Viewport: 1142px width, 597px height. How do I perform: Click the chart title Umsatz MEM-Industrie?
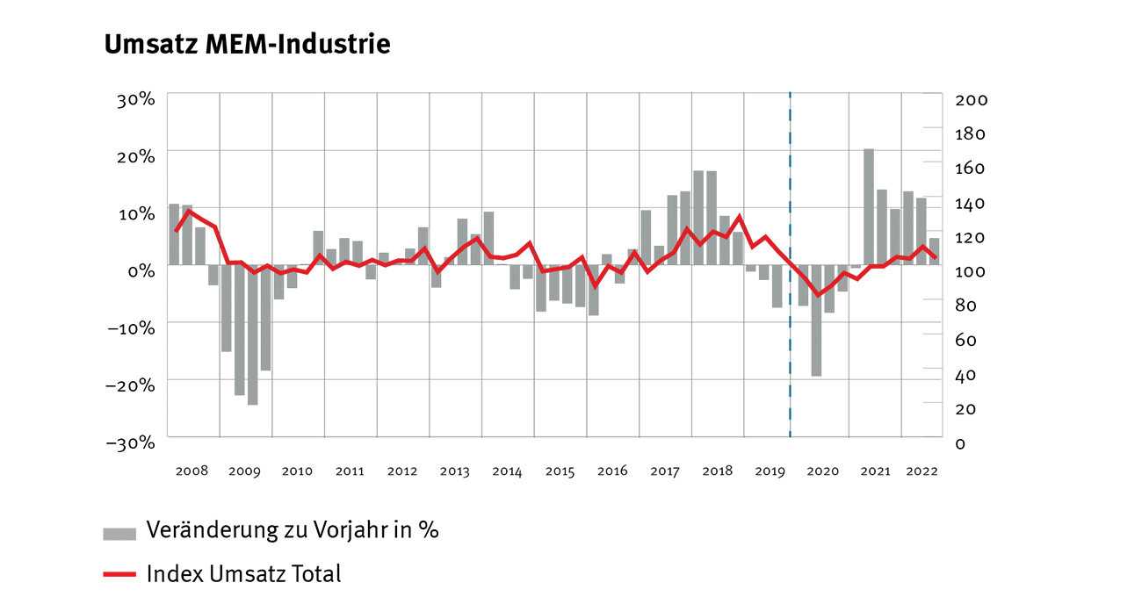coord(247,46)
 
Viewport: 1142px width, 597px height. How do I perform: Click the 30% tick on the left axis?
coord(136,99)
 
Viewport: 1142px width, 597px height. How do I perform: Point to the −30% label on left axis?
coord(131,442)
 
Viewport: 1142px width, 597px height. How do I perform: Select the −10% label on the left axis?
coord(131,327)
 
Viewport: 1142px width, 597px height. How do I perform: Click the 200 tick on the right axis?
coord(972,100)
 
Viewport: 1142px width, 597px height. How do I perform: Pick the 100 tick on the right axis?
coord(972,271)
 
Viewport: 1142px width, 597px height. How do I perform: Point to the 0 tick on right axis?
coord(960,443)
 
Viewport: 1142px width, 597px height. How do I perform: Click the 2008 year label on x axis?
coord(192,471)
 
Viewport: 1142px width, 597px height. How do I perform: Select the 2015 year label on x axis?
coord(560,471)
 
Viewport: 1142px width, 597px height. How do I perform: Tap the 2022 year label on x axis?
coord(922,471)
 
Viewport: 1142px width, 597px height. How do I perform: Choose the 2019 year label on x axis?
coord(770,471)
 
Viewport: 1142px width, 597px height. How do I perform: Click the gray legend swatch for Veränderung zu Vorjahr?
coord(119,533)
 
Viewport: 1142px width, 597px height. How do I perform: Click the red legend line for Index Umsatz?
coord(119,575)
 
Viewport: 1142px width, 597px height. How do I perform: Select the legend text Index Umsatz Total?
coord(243,574)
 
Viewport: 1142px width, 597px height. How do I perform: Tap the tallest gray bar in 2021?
coord(869,207)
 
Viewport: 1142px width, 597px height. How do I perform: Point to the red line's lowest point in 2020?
coord(817,295)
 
